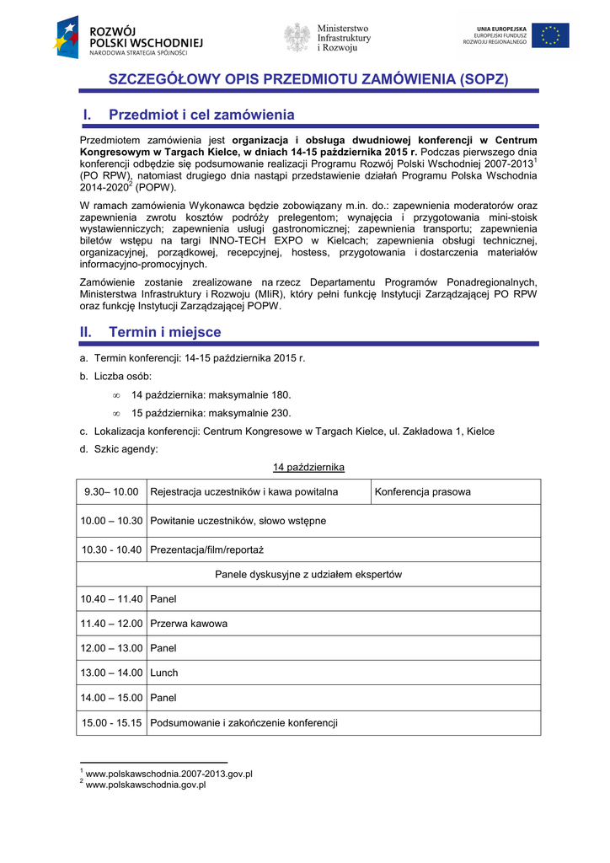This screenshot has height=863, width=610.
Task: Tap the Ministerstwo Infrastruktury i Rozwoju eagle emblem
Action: point(297,37)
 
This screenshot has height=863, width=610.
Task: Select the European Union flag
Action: point(549,35)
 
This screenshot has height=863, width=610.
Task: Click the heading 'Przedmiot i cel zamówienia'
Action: point(201,115)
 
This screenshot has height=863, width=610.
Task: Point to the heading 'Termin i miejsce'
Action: point(165,332)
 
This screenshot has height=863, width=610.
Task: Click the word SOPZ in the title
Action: point(484,79)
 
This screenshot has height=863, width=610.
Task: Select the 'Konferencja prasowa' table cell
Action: point(423,491)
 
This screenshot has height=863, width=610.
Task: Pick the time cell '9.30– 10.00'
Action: point(111,491)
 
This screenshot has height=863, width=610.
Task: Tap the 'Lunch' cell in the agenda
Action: point(164,673)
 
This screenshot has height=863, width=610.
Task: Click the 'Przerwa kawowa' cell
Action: point(189,624)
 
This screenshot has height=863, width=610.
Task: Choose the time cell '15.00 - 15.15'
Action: point(111,722)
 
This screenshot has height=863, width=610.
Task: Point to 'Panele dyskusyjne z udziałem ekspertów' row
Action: point(308,574)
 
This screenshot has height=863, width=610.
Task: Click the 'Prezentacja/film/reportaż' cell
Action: point(207,549)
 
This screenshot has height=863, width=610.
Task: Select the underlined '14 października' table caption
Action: point(308,467)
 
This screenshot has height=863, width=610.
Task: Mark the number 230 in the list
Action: point(280,413)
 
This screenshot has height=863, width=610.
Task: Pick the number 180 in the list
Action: point(280,394)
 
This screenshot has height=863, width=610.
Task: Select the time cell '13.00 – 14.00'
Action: point(111,673)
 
